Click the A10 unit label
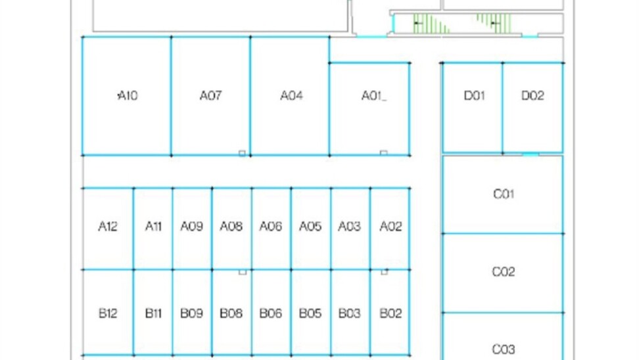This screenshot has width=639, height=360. coord(128,96)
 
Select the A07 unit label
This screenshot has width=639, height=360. coord(210,96)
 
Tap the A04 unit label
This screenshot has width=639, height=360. coord(291,96)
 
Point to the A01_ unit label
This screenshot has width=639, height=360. coord(373,96)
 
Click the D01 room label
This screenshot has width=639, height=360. coord(474,96)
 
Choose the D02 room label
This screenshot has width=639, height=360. coord(532,96)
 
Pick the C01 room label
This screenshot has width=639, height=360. coord(504,194)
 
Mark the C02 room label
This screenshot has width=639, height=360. coord(504,271)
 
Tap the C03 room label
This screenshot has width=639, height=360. coord(504,349)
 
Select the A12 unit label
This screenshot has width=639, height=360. coord(108,227)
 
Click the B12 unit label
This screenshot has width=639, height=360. coord(108,313)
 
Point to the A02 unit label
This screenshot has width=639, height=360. coord(390,227)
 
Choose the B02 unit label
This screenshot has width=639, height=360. coord(390,313)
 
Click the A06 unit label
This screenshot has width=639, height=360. coord(270,227)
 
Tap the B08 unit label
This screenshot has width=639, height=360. coord(231,313)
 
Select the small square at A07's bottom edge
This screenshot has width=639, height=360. coord(242,153)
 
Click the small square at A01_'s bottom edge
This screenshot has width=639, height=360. coord(383,153)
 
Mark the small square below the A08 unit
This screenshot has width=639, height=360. coord(243,271)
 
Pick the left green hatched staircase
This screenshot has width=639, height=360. coord(431,24)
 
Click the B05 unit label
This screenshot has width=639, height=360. coord(310,313)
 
